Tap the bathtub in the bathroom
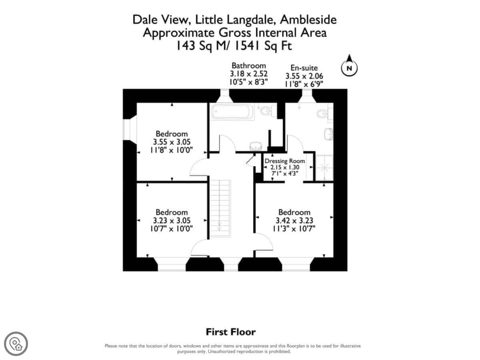point(232,112)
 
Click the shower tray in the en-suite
point(325,168)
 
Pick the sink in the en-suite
point(328,134)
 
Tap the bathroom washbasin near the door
point(256,146)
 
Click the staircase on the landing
point(220,208)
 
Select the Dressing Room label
point(284,161)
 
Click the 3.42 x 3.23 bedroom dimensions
point(294,220)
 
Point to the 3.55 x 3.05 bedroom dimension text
point(172,142)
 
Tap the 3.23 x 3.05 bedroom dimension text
point(172,220)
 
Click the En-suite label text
point(304,68)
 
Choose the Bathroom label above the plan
point(249,66)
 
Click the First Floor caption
point(231,332)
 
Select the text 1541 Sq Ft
point(263,46)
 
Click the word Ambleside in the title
point(308,20)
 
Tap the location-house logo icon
point(16,344)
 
